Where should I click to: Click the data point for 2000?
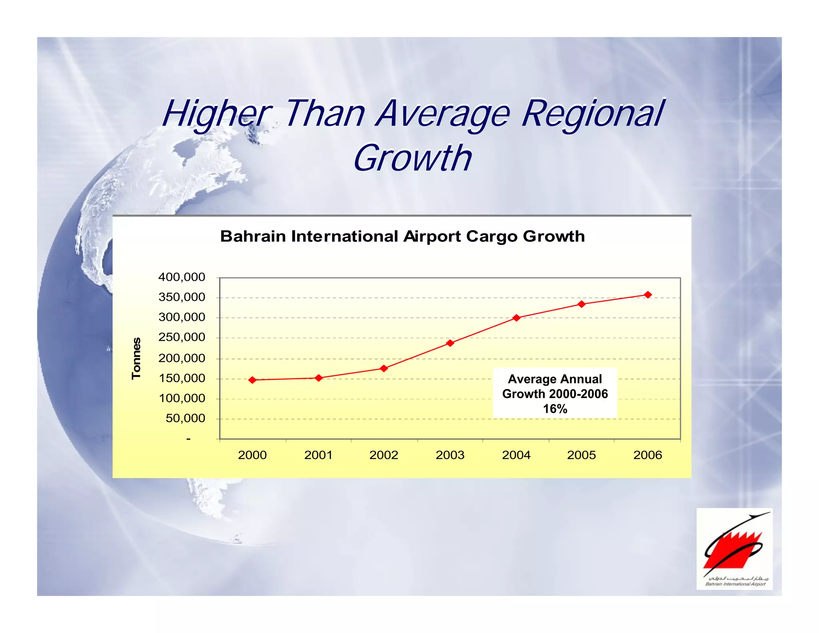[x=252, y=380]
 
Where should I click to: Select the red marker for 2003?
[x=450, y=343]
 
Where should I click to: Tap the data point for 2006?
[x=648, y=295]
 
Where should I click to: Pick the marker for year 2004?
[x=516, y=318]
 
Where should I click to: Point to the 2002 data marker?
[x=384, y=368]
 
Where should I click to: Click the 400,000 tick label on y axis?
[x=182, y=277]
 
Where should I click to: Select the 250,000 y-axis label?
[x=182, y=337]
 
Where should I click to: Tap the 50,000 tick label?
[x=185, y=418]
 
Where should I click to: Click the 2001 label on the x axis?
[x=318, y=455]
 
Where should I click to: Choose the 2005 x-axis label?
[x=581, y=455]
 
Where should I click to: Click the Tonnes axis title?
[x=136, y=358]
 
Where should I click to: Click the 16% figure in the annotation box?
[x=555, y=409]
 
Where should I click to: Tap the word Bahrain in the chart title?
[x=253, y=236]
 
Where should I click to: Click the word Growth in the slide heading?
[x=412, y=158]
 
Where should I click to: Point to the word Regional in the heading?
[x=593, y=114]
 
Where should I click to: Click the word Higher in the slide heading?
[x=216, y=114]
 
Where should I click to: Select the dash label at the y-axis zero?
[x=188, y=439]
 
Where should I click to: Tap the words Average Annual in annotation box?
[x=555, y=379]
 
